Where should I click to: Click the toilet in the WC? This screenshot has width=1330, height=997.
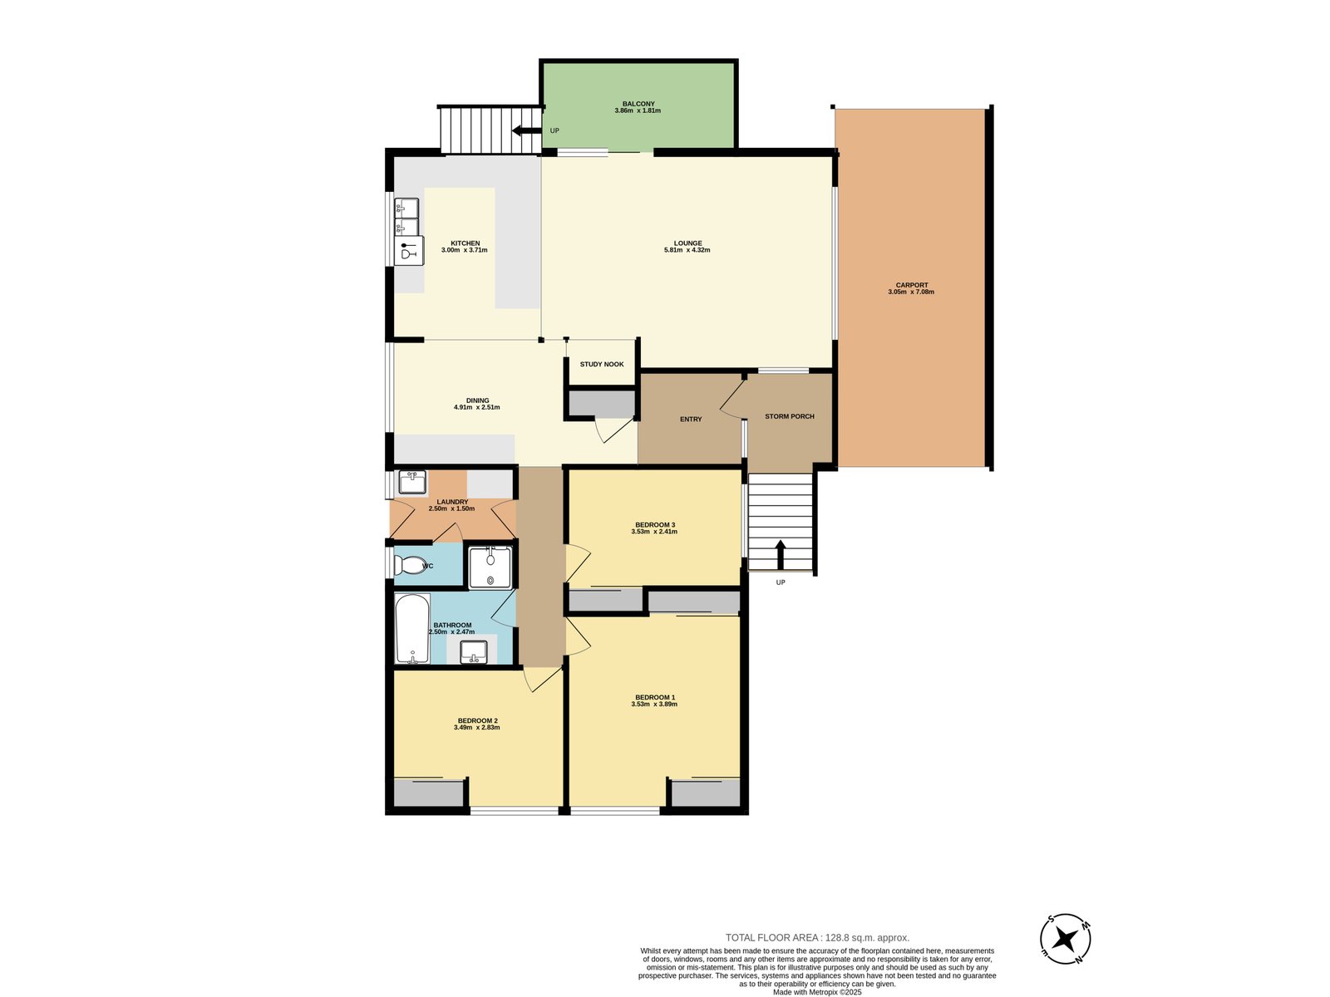(x=410, y=566)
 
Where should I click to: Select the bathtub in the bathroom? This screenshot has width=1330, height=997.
(x=412, y=628)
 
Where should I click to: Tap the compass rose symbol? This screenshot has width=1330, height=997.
(x=1066, y=940)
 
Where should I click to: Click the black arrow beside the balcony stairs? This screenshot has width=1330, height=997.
(x=526, y=130)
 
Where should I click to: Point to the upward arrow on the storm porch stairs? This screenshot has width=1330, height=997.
(x=780, y=554)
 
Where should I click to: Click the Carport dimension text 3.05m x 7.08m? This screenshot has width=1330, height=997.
(x=911, y=292)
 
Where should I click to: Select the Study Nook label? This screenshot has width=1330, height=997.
(x=602, y=365)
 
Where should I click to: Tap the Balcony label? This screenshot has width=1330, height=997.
(x=638, y=104)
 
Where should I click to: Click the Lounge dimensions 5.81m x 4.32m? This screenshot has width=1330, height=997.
(x=687, y=250)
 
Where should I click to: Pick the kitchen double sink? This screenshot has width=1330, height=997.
(x=406, y=216)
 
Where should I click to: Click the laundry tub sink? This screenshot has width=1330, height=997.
(x=412, y=481)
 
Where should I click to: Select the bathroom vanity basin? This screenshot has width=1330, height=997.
(x=474, y=652)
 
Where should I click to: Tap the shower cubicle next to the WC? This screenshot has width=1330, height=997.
(x=490, y=567)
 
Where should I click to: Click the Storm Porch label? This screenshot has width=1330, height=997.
(x=790, y=416)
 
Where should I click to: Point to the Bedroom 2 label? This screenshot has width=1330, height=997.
(x=477, y=720)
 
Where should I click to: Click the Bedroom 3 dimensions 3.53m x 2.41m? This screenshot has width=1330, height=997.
(x=654, y=532)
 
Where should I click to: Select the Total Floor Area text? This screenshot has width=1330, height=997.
(x=817, y=937)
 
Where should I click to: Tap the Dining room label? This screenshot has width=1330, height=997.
(x=477, y=400)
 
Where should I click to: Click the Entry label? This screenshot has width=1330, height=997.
(x=691, y=420)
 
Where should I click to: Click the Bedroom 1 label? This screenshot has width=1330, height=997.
(x=655, y=697)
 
